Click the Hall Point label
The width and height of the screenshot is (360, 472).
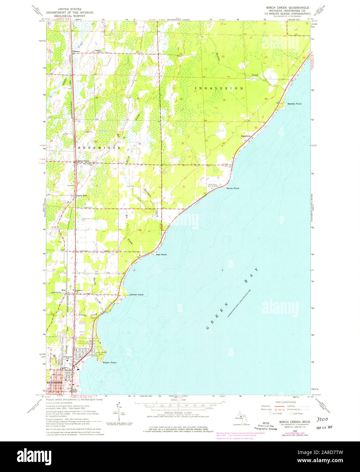pos(161,255)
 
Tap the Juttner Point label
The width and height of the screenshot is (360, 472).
pos(138,295)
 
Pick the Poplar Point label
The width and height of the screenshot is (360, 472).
pos(109,363)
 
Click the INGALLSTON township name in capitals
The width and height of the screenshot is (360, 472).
pos(219,88)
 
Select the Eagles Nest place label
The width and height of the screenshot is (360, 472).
pos(81,196)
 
